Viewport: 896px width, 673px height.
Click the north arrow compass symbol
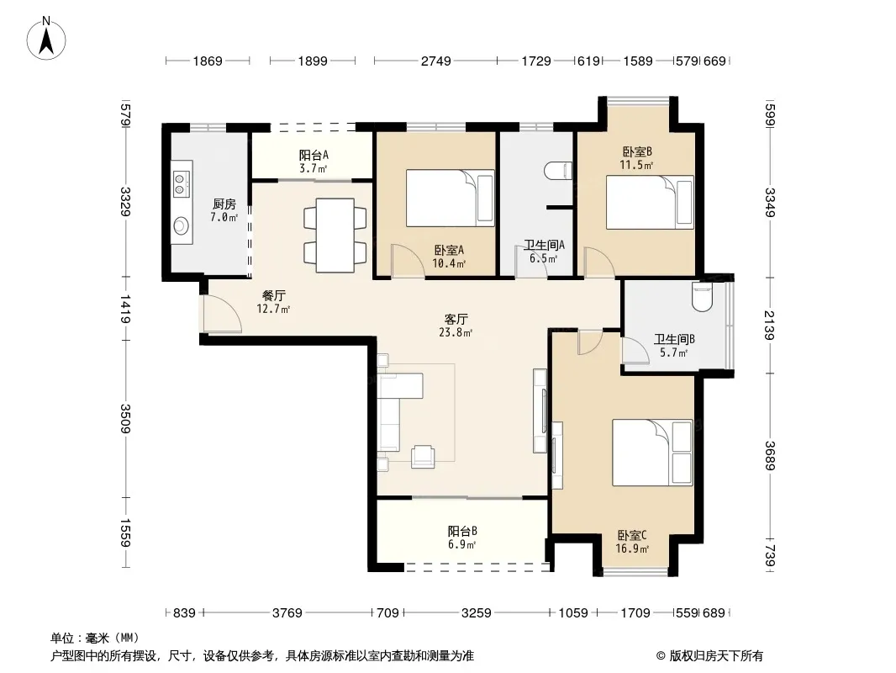pyautogui.click(x=46, y=39)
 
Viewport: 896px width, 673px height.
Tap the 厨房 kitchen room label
pyautogui.click(x=224, y=204)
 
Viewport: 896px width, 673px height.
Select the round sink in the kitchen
pyautogui.click(x=182, y=225)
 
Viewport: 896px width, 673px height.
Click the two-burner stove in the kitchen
pyautogui.click(x=181, y=178)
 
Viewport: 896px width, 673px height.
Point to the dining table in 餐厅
pyautogui.click(x=335, y=235)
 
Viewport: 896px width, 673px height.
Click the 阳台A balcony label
pyautogui.click(x=314, y=155)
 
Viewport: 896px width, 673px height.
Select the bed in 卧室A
pyautogui.click(x=451, y=198)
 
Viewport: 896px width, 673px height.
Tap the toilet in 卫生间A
pyautogui.click(x=558, y=171)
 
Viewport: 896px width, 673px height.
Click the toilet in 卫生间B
pyautogui.click(x=703, y=297)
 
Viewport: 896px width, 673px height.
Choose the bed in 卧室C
pyautogui.click(x=652, y=453)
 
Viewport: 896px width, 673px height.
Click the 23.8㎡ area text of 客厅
pyautogui.click(x=456, y=332)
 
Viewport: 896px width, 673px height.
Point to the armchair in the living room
pyautogui.click(x=423, y=456)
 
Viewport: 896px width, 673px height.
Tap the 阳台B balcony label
pyautogui.click(x=462, y=531)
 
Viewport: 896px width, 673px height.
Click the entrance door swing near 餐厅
pyautogui.click(x=221, y=314)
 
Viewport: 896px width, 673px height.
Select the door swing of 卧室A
pyautogui.click(x=406, y=262)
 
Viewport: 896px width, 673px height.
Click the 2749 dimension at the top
pyautogui.click(x=436, y=61)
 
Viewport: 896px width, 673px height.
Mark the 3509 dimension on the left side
pyautogui.click(x=125, y=419)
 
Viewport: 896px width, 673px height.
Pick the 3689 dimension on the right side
pyautogui.click(x=769, y=456)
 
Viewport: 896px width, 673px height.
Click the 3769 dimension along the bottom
pyautogui.click(x=287, y=613)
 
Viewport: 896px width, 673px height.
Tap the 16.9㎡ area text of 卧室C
pyautogui.click(x=632, y=549)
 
